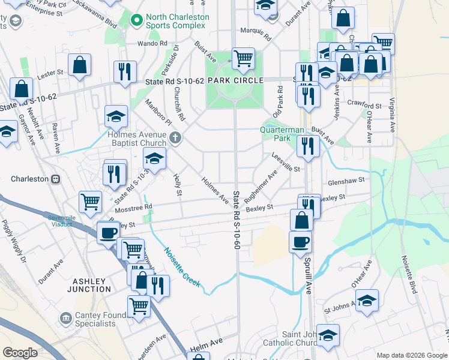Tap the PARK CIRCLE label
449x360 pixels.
[x=235, y=80]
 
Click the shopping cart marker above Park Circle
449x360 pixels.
[x=243, y=59]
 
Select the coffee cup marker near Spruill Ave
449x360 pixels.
[x=301, y=242]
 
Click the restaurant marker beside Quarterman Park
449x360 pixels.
[x=308, y=145]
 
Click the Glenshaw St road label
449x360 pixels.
[x=346, y=181]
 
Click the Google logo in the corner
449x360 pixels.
[x=20, y=353]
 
